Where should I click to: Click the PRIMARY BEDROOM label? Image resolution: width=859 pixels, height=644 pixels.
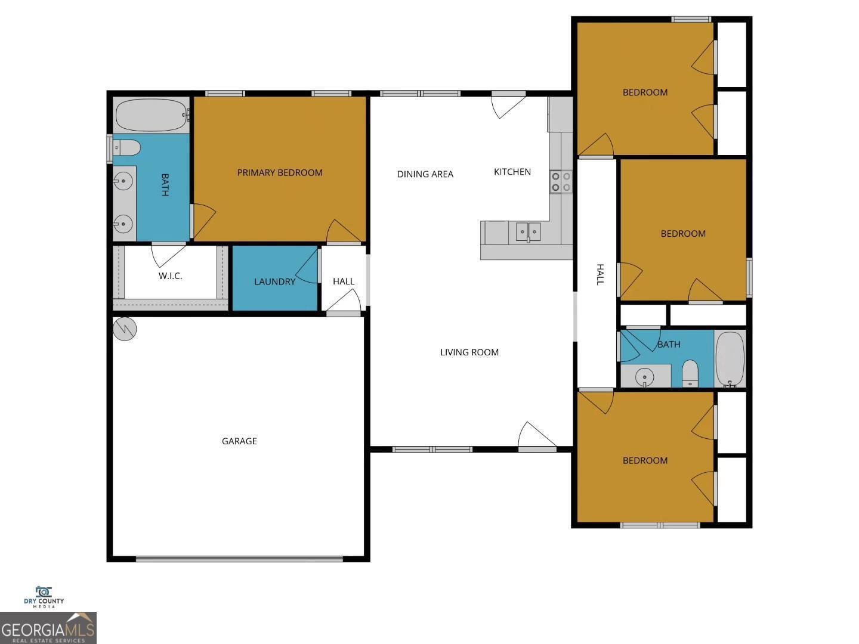pos(280,173)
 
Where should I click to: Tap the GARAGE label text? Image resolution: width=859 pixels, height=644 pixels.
pos(239,441)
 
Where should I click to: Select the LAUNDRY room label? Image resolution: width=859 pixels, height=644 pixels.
pos(274,281)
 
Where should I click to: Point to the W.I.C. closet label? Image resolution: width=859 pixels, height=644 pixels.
pos(170,276)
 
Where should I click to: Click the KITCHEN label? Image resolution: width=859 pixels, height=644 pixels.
pos(512,172)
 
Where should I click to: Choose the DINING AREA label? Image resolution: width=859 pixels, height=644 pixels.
pos(425,174)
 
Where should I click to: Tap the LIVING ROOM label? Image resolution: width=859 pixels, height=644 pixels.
pos(469,352)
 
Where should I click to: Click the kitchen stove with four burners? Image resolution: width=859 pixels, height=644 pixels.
pos(561,182)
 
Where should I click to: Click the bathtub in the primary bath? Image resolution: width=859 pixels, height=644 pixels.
pos(151,114)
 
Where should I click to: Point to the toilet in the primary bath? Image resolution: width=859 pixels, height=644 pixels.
pos(127,147)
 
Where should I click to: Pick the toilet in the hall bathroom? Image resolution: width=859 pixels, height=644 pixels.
pos(690,373)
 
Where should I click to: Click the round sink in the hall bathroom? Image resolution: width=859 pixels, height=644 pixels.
pos(644,377)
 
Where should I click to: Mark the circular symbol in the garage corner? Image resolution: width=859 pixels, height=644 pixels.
pos(125,329)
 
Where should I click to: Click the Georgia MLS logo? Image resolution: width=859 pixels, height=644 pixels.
pos(48,628)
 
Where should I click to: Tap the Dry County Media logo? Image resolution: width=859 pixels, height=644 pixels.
pos(44,597)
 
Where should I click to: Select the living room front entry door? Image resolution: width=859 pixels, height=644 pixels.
pos(535,437)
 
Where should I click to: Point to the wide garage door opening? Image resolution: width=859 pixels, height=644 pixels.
pos(239,559)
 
